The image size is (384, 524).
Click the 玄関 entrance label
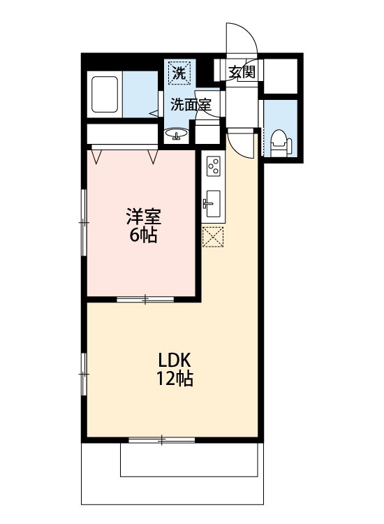(242, 71)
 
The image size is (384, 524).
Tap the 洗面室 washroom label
(191, 105)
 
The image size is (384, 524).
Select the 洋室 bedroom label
(144, 217)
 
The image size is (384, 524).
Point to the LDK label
(174, 361)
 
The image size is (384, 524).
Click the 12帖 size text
(175, 379)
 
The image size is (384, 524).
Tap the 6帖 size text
(143, 235)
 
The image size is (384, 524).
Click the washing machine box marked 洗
(180, 72)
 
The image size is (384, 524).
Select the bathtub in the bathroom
(105, 94)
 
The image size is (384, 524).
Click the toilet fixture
(281, 143)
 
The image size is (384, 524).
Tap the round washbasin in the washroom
(176, 134)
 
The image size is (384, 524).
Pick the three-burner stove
(214, 166)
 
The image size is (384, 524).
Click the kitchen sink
(212, 203)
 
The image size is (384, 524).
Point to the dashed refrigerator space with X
(213, 237)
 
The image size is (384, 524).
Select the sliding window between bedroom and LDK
(145, 299)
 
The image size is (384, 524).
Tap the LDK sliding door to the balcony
(161, 439)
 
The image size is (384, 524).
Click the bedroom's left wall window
(84, 222)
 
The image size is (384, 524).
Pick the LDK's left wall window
(84, 374)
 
